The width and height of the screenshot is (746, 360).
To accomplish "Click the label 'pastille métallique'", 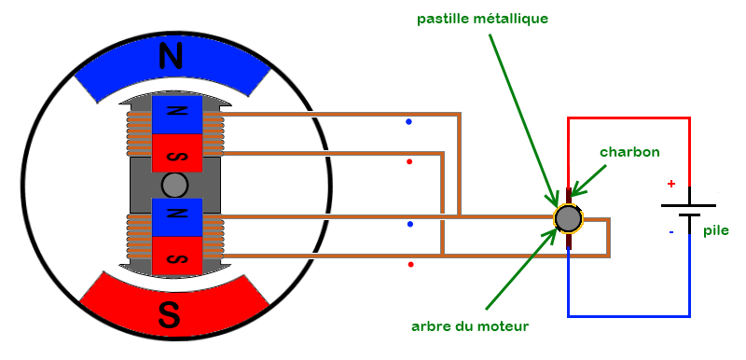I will [496, 18].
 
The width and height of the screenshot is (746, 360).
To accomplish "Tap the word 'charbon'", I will [629, 152].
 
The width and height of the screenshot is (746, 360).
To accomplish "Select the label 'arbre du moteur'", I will [470, 326].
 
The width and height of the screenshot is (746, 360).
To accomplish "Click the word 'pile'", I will [716, 230].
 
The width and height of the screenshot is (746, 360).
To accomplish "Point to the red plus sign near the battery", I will [670, 185].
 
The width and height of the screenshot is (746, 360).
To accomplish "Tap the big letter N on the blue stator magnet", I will [171, 58].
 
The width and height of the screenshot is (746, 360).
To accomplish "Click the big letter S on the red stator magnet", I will [170, 315].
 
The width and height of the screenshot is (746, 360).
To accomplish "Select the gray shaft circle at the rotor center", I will [174, 185].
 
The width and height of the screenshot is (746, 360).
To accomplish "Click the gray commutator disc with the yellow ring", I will [568, 219].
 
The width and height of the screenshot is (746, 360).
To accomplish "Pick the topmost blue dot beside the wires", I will [409, 121].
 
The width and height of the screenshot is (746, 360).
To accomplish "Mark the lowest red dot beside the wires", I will [411, 265].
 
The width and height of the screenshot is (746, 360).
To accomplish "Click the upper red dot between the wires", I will [409, 162].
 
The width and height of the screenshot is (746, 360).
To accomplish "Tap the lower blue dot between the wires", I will [409, 225].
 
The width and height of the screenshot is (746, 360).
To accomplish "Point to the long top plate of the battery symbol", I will [688, 204].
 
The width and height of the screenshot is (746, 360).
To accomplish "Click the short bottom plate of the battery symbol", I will [688, 216].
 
